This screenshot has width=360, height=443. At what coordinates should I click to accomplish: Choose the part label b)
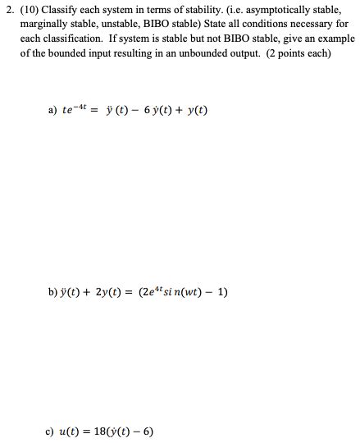pyautogui.click(x=52, y=292)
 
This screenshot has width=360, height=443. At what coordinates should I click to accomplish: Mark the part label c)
pyautogui.click(x=52, y=432)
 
